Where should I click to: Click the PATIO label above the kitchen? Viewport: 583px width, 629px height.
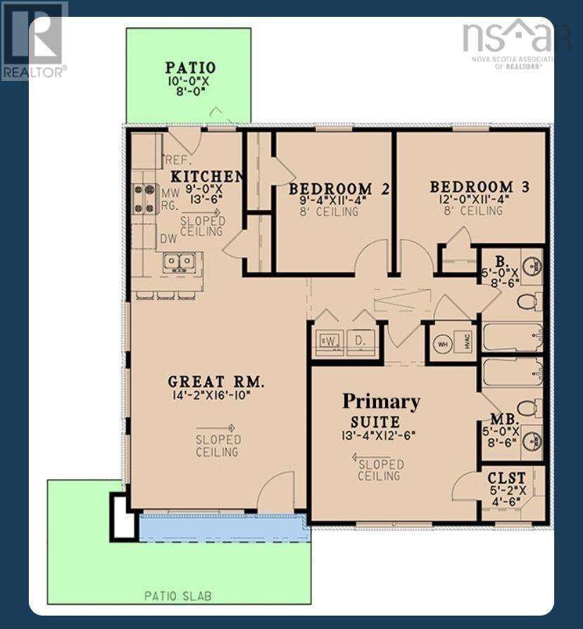click(x=190, y=68)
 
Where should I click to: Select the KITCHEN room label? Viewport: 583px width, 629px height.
click(x=208, y=175)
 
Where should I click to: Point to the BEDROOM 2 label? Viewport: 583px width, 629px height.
click(x=339, y=188)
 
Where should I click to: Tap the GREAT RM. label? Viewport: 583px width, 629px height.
click(x=216, y=382)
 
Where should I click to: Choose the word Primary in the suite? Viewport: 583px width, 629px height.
click(x=381, y=401)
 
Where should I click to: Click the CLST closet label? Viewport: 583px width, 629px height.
click(x=506, y=478)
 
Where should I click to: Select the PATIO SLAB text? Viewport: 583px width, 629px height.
click(x=178, y=596)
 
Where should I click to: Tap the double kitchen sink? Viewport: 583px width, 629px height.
click(x=180, y=262)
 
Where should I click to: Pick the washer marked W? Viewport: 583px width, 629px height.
click(x=330, y=341)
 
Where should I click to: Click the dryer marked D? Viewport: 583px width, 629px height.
click(x=361, y=342)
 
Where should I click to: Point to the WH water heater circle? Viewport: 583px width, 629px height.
click(x=444, y=344)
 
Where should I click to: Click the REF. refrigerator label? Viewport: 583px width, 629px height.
click(x=175, y=159)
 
